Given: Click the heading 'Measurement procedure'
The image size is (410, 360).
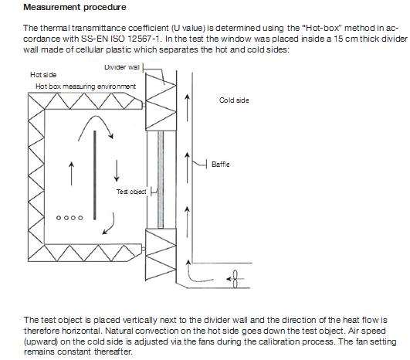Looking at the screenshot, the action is click(x=75, y=7).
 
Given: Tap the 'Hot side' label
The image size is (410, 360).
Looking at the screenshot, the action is click(x=43, y=75).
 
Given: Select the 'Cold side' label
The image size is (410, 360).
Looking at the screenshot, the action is click(x=234, y=100).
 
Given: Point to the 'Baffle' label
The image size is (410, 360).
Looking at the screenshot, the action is click(x=221, y=165).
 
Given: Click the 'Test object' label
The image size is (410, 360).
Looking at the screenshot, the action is click(x=131, y=192).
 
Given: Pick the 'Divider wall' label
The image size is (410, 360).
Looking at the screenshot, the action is click(x=122, y=67).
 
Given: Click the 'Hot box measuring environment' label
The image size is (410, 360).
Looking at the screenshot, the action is click(x=86, y=87).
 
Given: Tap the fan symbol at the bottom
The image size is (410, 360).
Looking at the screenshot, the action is click(x=235, y=279).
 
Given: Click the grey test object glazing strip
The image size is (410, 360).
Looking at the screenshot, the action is click(x=161, y=179).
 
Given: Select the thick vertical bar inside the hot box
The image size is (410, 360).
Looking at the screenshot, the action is click(x=95, y=175).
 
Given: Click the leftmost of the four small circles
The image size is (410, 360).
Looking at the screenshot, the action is click(x=59, y=218).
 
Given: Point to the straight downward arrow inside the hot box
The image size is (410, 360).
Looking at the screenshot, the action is click(x=117, y=171).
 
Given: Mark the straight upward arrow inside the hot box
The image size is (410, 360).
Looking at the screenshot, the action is click(x=71, y=174).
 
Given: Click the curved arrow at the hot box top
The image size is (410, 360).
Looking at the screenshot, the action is click(x=96, y=117).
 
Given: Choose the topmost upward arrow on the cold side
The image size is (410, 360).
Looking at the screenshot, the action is click(x=187, y=108).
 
